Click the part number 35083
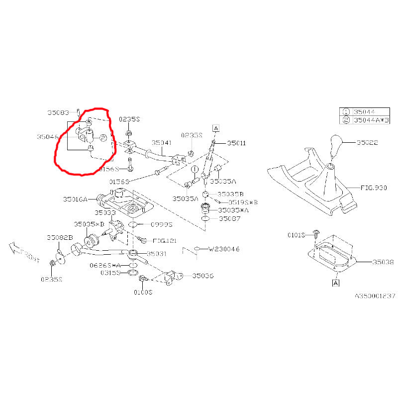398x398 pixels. tap(58, 113)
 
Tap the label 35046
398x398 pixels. tap(47, 136)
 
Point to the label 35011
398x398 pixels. tap(237, 143)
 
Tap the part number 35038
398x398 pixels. tap(383, 261)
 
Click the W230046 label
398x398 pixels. tap(223, 248)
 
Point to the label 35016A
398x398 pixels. tap(75, 199)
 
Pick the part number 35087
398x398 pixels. tap(230, 218)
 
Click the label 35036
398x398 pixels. tap(203, 276)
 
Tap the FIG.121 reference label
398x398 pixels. tap(164, 241)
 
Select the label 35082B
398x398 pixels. tap(60, 238)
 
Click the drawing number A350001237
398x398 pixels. tap(375, 296)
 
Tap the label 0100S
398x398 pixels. tap(143, 292)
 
